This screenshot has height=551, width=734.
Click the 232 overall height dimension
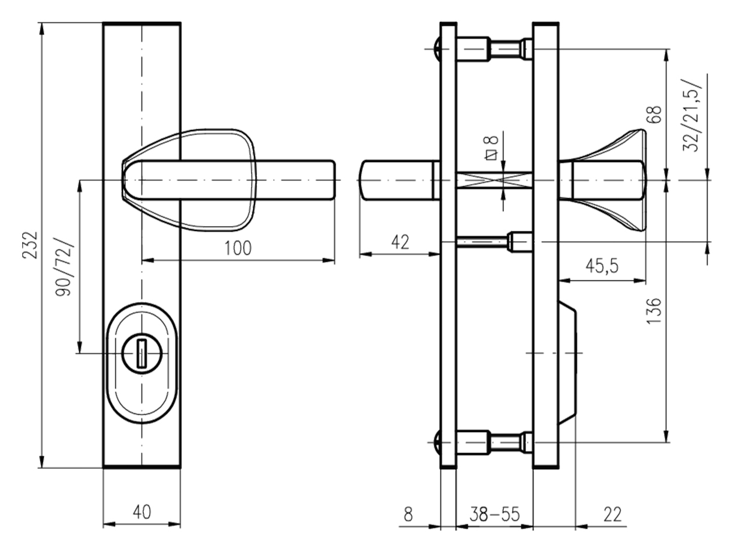coord(30,245)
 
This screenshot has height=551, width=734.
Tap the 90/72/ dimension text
coord(63,266)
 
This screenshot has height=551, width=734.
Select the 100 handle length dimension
coord(238,248)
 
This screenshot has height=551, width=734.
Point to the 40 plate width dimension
coord(142,512)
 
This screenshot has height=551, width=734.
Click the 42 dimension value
coord(400,242)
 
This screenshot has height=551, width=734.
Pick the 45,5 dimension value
coord(602,266)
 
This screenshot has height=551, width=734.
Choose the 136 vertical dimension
coord(654,310)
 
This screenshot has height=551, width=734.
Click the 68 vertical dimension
coord(654,114)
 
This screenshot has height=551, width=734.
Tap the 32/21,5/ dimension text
coord(692,115)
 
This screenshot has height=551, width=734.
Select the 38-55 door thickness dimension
coord(495,514)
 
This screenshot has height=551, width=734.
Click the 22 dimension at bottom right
coord(612,514)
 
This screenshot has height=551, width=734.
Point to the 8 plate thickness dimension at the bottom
coord(408,514)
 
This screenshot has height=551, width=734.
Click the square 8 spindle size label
coord(492,148)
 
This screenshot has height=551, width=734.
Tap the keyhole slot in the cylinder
coord(142,355)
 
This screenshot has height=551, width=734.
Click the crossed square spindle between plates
coord(494,180)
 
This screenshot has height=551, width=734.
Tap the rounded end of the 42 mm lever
coord(365,180)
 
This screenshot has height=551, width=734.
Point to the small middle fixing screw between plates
coord(494,241)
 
